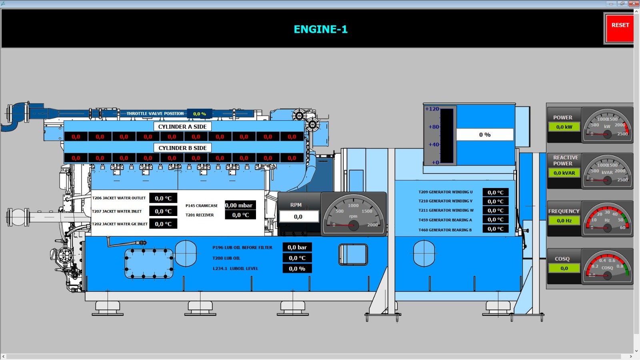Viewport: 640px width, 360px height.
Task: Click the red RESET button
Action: (620, 28)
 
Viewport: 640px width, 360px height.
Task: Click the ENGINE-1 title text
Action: (320, 29)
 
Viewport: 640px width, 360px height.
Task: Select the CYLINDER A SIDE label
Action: (182, 127)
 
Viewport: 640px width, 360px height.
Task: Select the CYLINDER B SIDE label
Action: (182, 148)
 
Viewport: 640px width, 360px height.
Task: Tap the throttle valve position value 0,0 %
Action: (199, 114)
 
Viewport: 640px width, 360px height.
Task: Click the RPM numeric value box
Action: (298, 217)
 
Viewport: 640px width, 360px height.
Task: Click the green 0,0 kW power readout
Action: (564, 127)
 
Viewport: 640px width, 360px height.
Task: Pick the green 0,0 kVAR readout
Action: (564, 173)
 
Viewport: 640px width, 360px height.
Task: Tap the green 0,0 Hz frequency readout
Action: (564, 221)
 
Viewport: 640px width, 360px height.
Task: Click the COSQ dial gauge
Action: (607, 266)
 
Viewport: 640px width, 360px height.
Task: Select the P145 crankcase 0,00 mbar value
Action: (240, 206)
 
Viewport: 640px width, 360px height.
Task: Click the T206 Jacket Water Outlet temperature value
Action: (163, 198)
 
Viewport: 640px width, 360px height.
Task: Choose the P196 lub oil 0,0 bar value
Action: (297, 248)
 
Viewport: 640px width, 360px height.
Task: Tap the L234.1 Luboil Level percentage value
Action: (297, 269)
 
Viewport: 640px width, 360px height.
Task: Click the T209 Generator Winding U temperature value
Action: (495, 192)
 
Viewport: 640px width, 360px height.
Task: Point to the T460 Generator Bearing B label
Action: (445, 230)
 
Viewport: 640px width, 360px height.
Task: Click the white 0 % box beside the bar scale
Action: (485, 135)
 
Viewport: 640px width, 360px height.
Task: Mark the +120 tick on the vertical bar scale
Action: (432, 109)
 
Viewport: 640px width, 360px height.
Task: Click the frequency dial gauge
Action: (607, 220)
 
